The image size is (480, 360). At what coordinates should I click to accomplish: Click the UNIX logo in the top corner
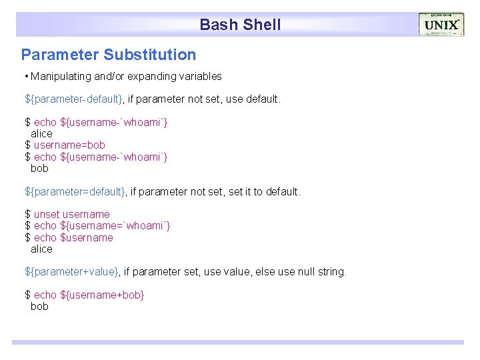click(441, 25)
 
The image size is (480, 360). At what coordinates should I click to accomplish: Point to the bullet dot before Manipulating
click(26, 77)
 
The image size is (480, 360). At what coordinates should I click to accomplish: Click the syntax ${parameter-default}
click(74, 99)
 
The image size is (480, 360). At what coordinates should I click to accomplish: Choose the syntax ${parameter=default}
click(75, 191)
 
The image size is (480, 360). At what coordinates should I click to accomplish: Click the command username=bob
click(69, 145)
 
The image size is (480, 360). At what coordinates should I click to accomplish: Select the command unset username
click(71, 214)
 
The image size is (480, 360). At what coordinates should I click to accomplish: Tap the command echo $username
click(73, 237)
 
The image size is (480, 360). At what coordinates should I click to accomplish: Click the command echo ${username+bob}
click(89, 295)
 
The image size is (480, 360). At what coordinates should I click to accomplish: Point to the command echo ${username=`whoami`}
click(102, 226)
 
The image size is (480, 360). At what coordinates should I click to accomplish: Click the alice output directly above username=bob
click(41, 133)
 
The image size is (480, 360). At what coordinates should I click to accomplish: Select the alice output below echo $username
click(41, 249)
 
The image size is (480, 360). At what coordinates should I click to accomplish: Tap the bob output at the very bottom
click(39, 307)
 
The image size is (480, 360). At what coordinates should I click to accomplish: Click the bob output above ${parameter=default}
click(39, 168)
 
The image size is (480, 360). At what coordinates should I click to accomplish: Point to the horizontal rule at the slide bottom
click(237, 342)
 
